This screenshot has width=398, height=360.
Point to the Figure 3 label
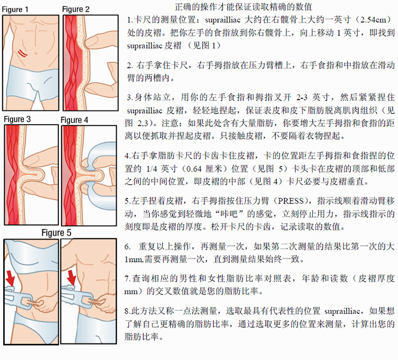18,119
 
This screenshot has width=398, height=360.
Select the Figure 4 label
75,120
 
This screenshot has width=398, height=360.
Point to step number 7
127,279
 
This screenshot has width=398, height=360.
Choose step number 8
127,311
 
